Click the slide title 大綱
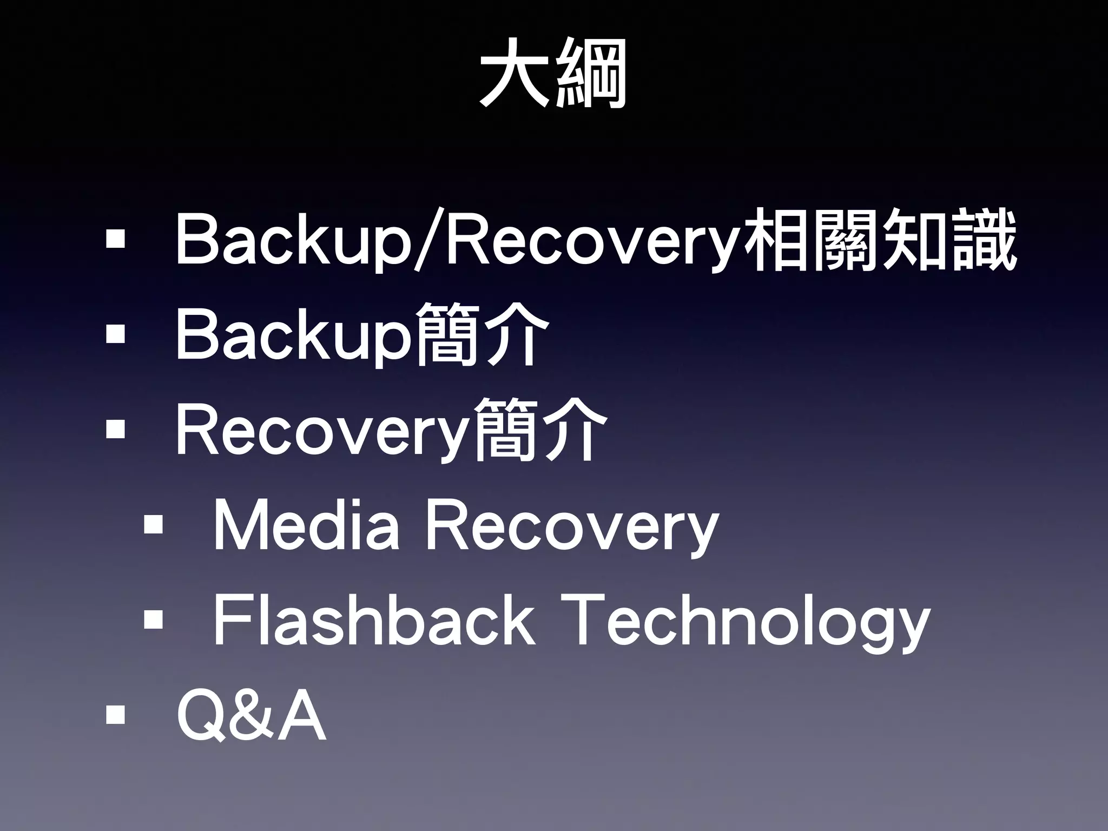tap(553, 74)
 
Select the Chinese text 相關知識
tap(881, 240)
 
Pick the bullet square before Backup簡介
tap(115, 334)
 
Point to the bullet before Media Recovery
tap(153, 524)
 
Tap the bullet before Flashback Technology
tap(153, 619)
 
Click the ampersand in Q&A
tap(250, 716)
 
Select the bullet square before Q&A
tap(115, 715)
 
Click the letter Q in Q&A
tap(201, 716)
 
